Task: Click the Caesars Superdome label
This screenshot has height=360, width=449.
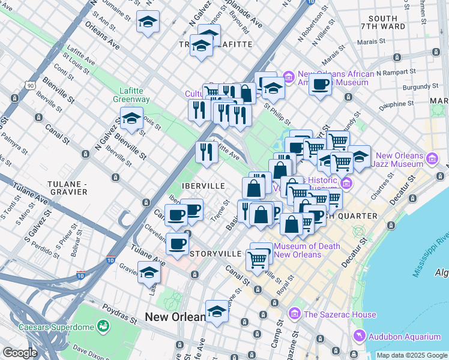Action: click(57, 327)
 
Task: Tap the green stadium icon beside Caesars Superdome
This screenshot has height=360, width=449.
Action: click(103, 326)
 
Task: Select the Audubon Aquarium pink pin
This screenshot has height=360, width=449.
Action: click(359, 335)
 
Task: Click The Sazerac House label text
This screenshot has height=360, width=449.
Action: click(340, 314)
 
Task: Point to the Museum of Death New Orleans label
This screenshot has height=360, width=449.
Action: click(307, 250)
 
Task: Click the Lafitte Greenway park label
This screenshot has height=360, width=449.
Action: click(130, 95)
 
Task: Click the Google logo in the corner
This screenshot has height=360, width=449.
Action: click(20, 353)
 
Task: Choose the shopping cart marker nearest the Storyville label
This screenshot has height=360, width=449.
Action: click(258, 259)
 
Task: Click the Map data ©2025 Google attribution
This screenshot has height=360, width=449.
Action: click(412, 355)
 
